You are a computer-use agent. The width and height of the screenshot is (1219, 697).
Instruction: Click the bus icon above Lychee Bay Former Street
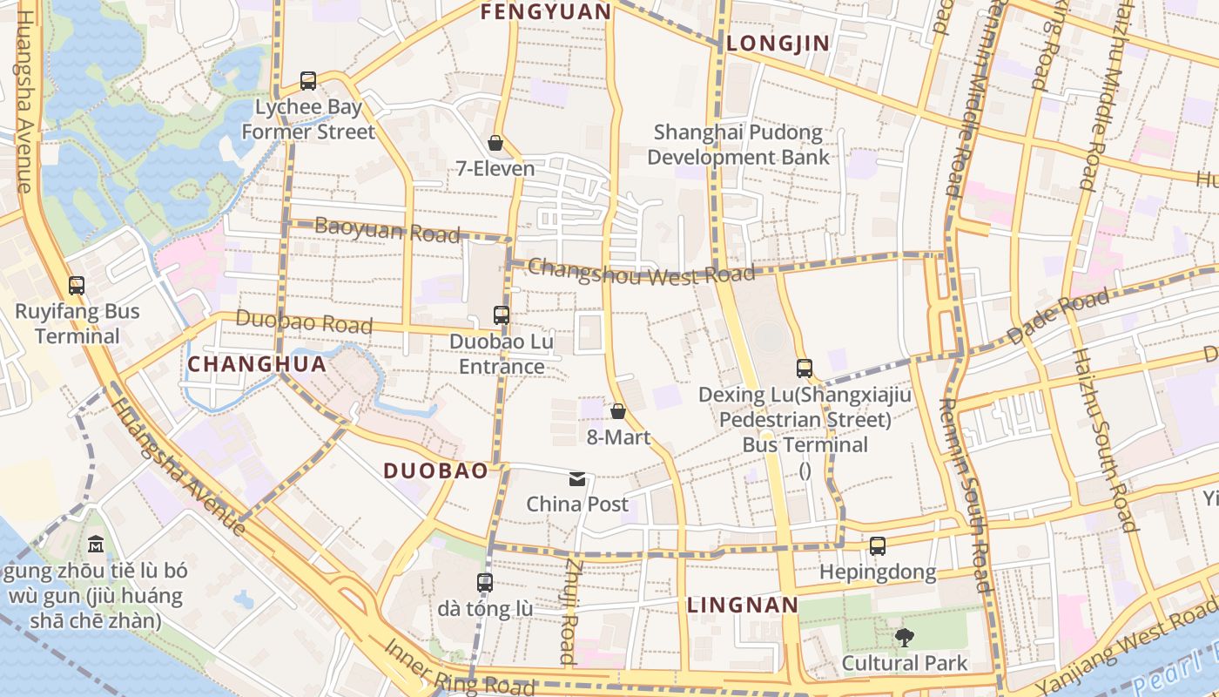coord(308,81)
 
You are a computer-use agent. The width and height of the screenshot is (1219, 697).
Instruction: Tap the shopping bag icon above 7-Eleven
coord(495,142)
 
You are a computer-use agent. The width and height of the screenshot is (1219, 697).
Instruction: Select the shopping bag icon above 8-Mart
coord(618,410)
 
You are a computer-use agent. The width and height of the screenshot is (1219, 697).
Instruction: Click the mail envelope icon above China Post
coord(577,478)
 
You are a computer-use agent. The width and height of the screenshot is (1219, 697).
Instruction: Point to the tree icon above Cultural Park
coord(905,637)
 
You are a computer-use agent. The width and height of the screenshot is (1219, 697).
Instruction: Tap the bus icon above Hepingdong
coord(878,546)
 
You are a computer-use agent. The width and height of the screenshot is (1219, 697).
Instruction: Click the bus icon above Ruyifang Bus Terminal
coord(77,285)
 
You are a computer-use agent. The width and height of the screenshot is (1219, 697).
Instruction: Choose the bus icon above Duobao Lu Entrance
coord(502,315)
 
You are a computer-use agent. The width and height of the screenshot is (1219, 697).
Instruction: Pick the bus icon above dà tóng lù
coord(485,582)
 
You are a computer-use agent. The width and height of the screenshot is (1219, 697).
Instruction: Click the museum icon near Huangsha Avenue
coord(96,545)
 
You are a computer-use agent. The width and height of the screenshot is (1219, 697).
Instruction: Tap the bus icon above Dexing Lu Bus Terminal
coord(805,368)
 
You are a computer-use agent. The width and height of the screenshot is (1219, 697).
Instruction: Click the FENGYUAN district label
coord(546,11)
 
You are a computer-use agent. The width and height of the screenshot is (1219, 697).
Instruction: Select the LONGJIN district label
coord(778,43)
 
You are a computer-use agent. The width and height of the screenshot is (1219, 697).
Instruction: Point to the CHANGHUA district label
coord(258,364)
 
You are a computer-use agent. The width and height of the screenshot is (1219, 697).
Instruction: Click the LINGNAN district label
coord(743,605)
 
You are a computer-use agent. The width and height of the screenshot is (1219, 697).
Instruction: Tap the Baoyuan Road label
coord(387,231)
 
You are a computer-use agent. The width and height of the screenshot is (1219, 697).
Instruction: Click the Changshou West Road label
coord(642,272)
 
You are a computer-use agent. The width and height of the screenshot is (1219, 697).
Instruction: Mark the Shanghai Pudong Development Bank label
coord(738,145)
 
